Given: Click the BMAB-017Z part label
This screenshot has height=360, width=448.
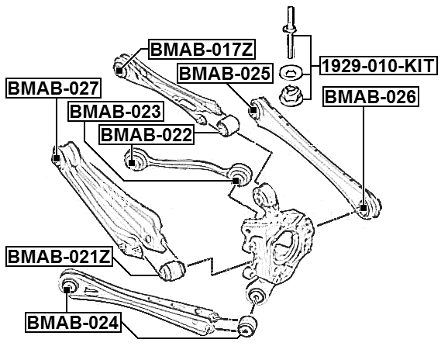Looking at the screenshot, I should pyautogui.click(x=201, y=50).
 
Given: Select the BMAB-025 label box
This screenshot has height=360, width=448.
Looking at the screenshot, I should pyautogui.click(x=225, y=74).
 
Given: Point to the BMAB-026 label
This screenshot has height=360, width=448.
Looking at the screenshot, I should pyautogui.click(x=370, y=97).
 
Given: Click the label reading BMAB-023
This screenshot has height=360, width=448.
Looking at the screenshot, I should pyautogui.click(x=115, y=112).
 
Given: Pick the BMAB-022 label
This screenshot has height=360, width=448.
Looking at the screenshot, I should pyautogui.click(x=146, y=135).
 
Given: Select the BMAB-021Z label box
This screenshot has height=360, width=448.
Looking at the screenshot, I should pyautogui.click(x=57, y=255).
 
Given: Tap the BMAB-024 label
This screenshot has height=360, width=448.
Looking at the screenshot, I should pyautogui.click(x=73, y=321).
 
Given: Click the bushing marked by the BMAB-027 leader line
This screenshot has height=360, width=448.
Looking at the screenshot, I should pyautogui.click(x=56, y=157).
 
